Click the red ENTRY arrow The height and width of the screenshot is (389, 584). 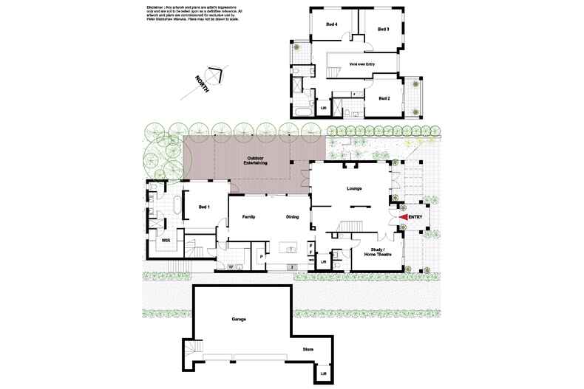point(403,217)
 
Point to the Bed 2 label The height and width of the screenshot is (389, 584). point(384,98)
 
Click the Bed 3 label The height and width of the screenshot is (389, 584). point(383,30)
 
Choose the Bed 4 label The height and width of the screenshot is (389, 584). point(332,24)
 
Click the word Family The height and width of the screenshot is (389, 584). point(246,217)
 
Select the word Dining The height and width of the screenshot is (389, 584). point(292,217)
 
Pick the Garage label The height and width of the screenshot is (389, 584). point(238,319)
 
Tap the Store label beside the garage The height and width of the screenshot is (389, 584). point(308,349)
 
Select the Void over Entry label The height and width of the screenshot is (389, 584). point(364,64)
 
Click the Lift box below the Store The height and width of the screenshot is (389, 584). point(324,374)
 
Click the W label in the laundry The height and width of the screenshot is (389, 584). point(231,266)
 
